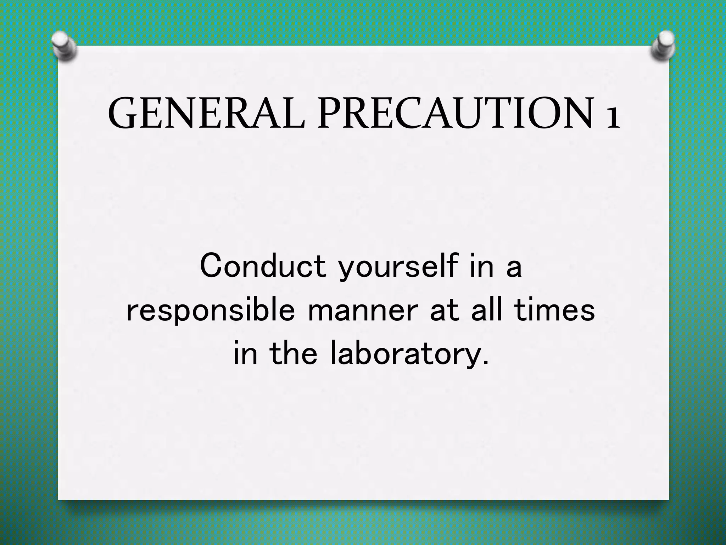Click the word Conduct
tap(263, 266)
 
